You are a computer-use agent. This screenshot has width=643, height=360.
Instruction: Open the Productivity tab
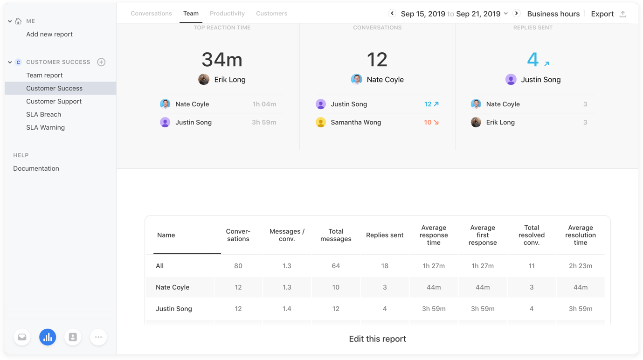(227, 14)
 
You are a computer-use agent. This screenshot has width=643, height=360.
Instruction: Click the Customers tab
(271, 14)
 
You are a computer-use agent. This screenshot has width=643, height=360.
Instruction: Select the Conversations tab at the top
(151, 14)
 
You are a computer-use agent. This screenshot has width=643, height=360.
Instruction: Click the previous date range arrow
(392, 13)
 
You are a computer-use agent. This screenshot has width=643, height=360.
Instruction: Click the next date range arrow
(517, 13)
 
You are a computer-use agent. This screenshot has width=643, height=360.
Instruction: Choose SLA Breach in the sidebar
(44, 114)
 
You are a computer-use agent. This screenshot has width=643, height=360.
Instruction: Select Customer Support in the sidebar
(54, 101)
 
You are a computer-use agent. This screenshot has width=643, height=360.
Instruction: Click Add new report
(49, 34)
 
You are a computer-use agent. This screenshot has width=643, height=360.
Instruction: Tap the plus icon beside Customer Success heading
(101, 62)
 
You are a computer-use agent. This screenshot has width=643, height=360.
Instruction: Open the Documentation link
(36, 168)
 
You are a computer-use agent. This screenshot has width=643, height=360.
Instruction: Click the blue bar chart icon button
(48, 337)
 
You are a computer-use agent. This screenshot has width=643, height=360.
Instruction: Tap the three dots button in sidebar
(98, 337)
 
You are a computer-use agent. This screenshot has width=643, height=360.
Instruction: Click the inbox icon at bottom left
(22, 337)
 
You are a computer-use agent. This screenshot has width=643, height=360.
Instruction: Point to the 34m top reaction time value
(222, 59)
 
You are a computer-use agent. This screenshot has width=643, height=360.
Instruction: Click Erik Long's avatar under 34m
(204, 80)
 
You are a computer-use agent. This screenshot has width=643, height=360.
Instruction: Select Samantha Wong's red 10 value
(428, 122)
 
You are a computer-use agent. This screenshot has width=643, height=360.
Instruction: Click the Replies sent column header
(385, 235)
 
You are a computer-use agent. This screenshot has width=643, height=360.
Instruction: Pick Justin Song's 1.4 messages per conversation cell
(287, 309)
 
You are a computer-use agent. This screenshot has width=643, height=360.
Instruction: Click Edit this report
(378, 339)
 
